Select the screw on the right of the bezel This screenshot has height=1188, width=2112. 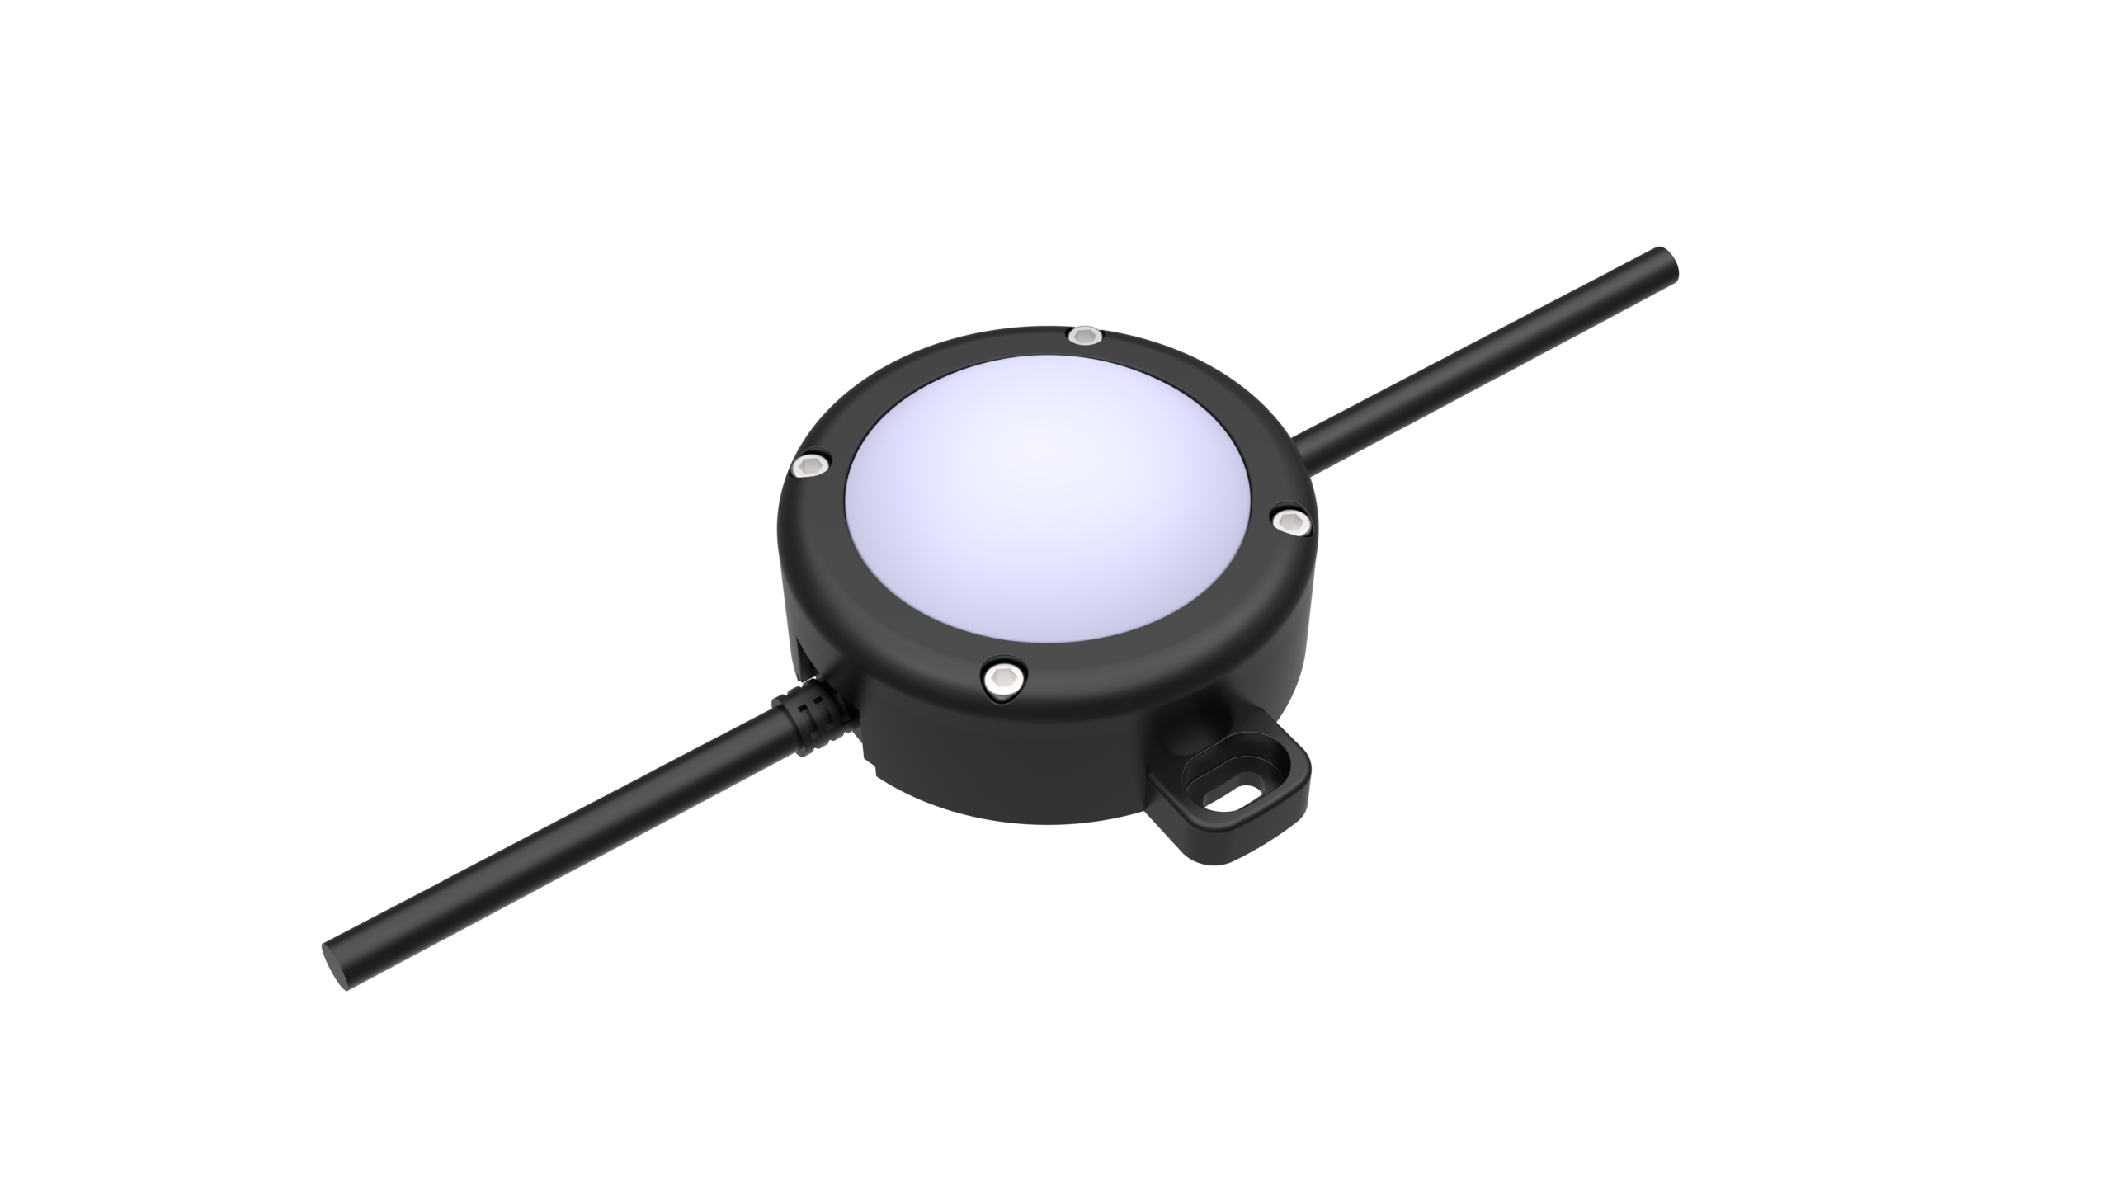point(1291,521)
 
